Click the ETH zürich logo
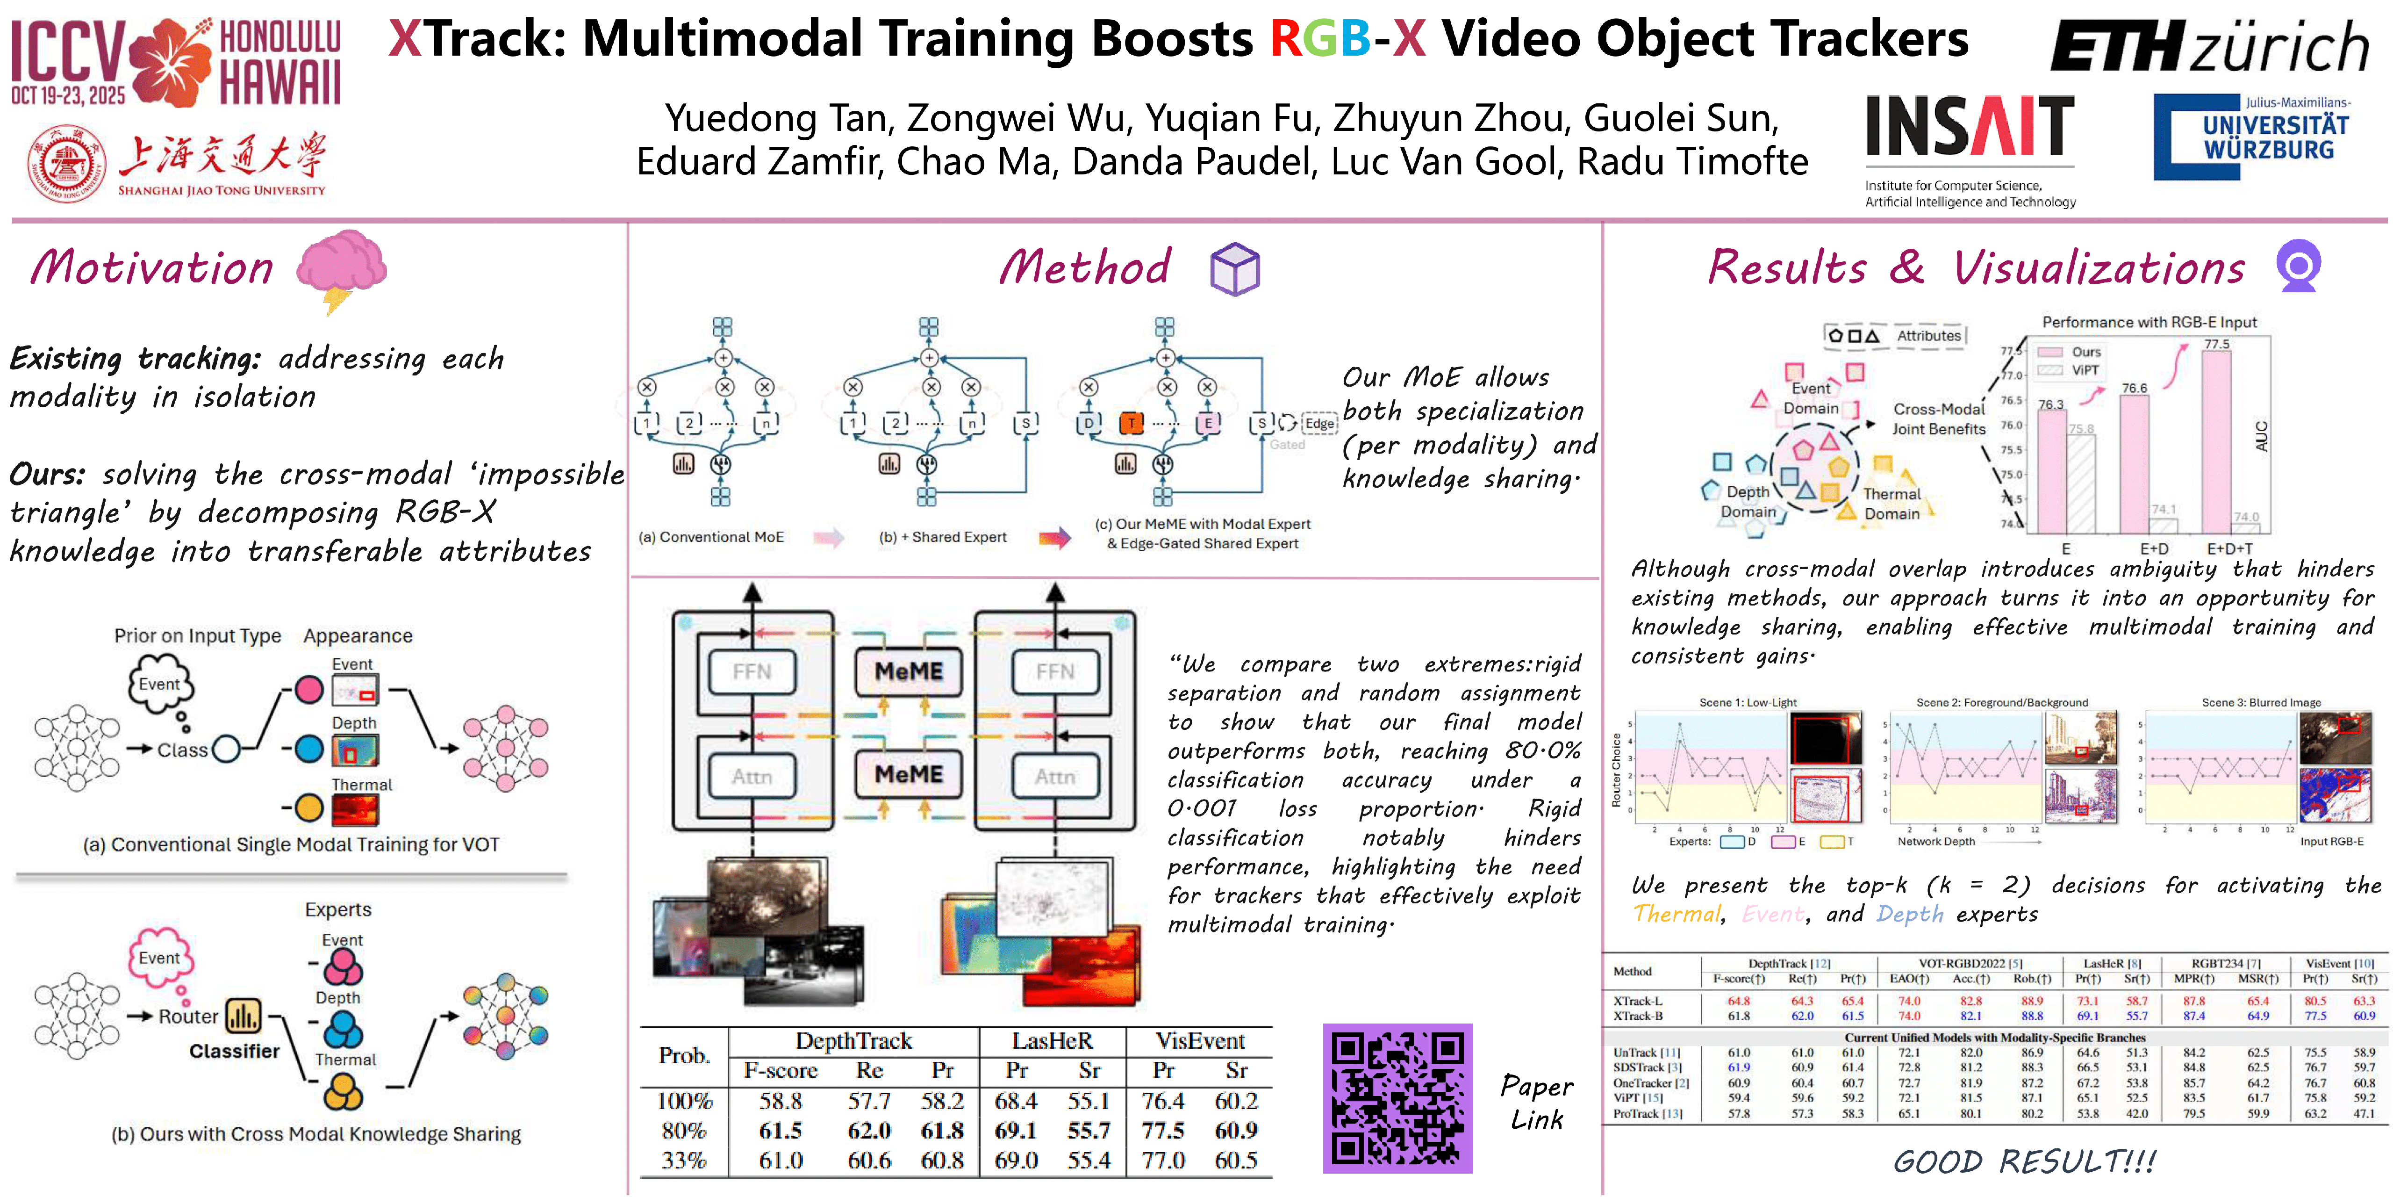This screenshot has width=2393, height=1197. point(2209,46)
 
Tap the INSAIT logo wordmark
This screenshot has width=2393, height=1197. point(1970,127)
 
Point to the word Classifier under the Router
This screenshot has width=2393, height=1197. point(234,1051)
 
